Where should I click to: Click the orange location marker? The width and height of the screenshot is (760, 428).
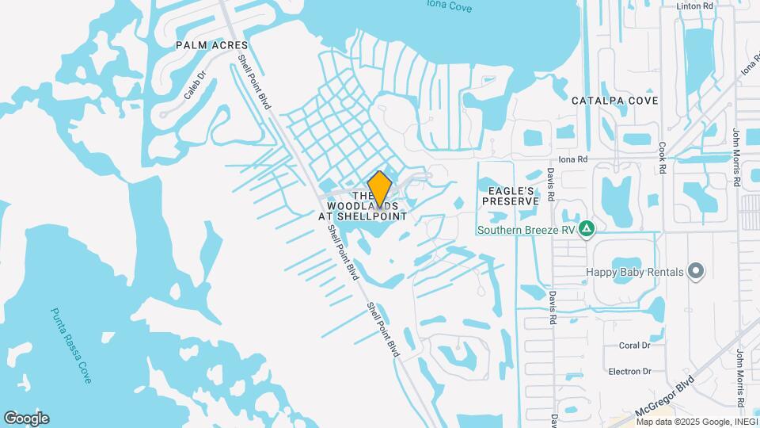(x=380, y=189)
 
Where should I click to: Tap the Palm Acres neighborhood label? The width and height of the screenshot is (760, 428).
(x=212, y=45)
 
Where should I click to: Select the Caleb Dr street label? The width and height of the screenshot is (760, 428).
(x=195, y=85)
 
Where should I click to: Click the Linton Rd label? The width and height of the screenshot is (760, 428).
(x=696, y=6)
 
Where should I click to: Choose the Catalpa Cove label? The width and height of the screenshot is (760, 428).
(x=615, y=101)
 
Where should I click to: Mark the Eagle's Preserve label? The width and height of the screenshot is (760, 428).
(x=511, y=195)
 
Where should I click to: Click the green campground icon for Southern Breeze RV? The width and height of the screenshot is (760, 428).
(x=587, y=230)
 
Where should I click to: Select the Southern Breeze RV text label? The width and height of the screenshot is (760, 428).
(x=526, y=231)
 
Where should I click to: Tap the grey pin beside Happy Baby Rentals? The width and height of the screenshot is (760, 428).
(x=696, y=272)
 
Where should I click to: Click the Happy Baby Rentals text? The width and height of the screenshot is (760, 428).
(x=635, y=272)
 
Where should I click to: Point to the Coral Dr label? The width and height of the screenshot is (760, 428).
(x=634, y=346)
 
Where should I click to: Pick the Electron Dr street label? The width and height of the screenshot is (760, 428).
(x=630, y=371)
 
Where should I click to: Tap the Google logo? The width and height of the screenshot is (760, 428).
(x=26, y=418)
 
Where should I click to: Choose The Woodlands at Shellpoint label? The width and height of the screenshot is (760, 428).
(x=363, y=205)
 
